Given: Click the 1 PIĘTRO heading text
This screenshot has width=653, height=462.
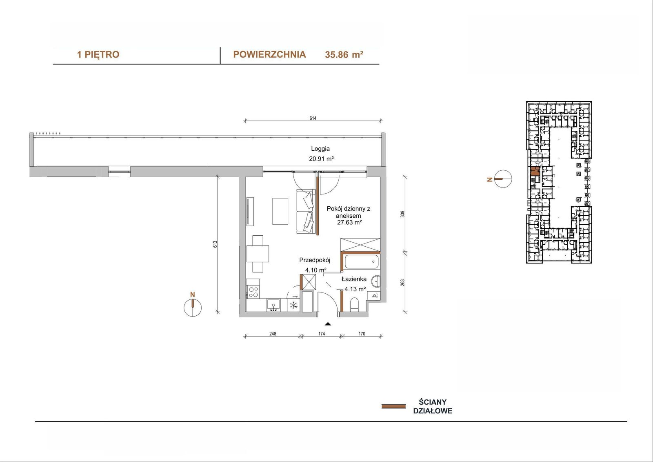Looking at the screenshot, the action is (98, 55).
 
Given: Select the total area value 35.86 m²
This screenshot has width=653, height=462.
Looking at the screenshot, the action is (344, 55).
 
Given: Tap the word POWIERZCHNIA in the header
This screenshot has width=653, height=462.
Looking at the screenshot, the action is (269, 55).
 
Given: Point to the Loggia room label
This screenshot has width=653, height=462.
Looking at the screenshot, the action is (320, 149).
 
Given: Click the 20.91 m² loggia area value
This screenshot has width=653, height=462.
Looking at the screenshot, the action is (321, 159).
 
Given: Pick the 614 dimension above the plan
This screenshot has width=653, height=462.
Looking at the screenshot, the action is (313, 118).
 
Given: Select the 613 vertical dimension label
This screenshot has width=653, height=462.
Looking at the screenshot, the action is (215, 244).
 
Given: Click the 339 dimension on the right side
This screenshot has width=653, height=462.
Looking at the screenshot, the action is (402, 214).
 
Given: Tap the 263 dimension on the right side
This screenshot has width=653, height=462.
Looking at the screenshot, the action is (402, 283).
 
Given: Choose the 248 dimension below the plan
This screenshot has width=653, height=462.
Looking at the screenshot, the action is (273, 334).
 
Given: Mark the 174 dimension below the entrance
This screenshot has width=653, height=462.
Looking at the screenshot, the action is (322, 334).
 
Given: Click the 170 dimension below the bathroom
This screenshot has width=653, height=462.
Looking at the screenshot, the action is (362, 334).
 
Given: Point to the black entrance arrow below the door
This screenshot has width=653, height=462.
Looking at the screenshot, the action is (328, 324).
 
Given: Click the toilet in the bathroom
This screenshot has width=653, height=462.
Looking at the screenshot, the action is (355, 304).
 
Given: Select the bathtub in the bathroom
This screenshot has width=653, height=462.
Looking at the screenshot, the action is (362, 262).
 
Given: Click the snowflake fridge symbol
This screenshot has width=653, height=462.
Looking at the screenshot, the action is (293, 305).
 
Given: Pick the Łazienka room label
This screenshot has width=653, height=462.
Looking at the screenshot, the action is (354, 279).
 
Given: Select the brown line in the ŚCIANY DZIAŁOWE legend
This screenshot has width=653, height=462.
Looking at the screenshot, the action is (393, 406).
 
